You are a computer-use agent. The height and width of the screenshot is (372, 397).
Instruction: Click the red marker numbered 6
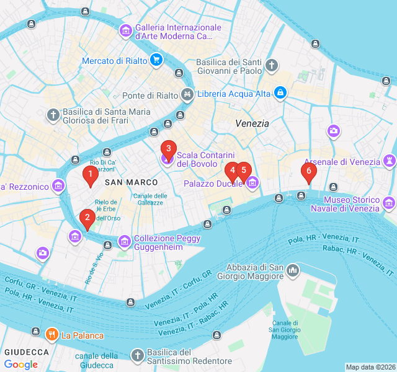pos(308,172)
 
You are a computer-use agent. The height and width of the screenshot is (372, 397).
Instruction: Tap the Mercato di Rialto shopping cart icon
pos(156,60)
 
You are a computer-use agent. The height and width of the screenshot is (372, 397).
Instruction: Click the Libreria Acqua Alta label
pos(233,94)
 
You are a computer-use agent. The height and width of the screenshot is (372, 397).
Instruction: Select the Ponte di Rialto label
pos(149,95)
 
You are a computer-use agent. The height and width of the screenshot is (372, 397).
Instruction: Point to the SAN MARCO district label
pos(131,182)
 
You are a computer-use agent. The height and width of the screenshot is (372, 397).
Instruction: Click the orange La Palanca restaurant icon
pos(51,335)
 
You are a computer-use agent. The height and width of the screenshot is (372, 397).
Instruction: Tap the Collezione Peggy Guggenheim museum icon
pos(125,241)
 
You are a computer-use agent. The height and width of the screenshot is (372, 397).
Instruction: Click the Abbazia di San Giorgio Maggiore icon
pos(292,271)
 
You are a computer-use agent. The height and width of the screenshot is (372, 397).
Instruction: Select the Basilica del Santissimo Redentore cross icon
pos(138,355)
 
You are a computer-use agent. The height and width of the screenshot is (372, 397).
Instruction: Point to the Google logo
pos(20,365)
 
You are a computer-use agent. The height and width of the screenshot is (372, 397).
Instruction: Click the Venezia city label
pos(252,123)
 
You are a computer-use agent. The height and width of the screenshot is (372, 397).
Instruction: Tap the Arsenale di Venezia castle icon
pos(390,161)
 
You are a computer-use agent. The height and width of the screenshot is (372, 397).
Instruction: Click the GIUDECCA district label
pos(27,352)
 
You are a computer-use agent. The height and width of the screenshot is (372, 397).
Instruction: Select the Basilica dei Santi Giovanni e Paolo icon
pos(272,65)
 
